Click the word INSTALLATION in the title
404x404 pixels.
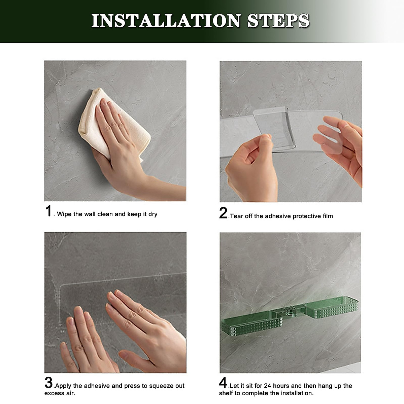166,21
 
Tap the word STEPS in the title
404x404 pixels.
278,21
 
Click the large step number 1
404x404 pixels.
48,211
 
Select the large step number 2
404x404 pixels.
223,213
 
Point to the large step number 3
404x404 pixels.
48,382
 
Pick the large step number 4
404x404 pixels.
223,382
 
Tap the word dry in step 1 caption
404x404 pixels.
153,214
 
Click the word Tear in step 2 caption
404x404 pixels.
236,216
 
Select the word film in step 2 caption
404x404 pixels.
328,216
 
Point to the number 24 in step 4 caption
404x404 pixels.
268,386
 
